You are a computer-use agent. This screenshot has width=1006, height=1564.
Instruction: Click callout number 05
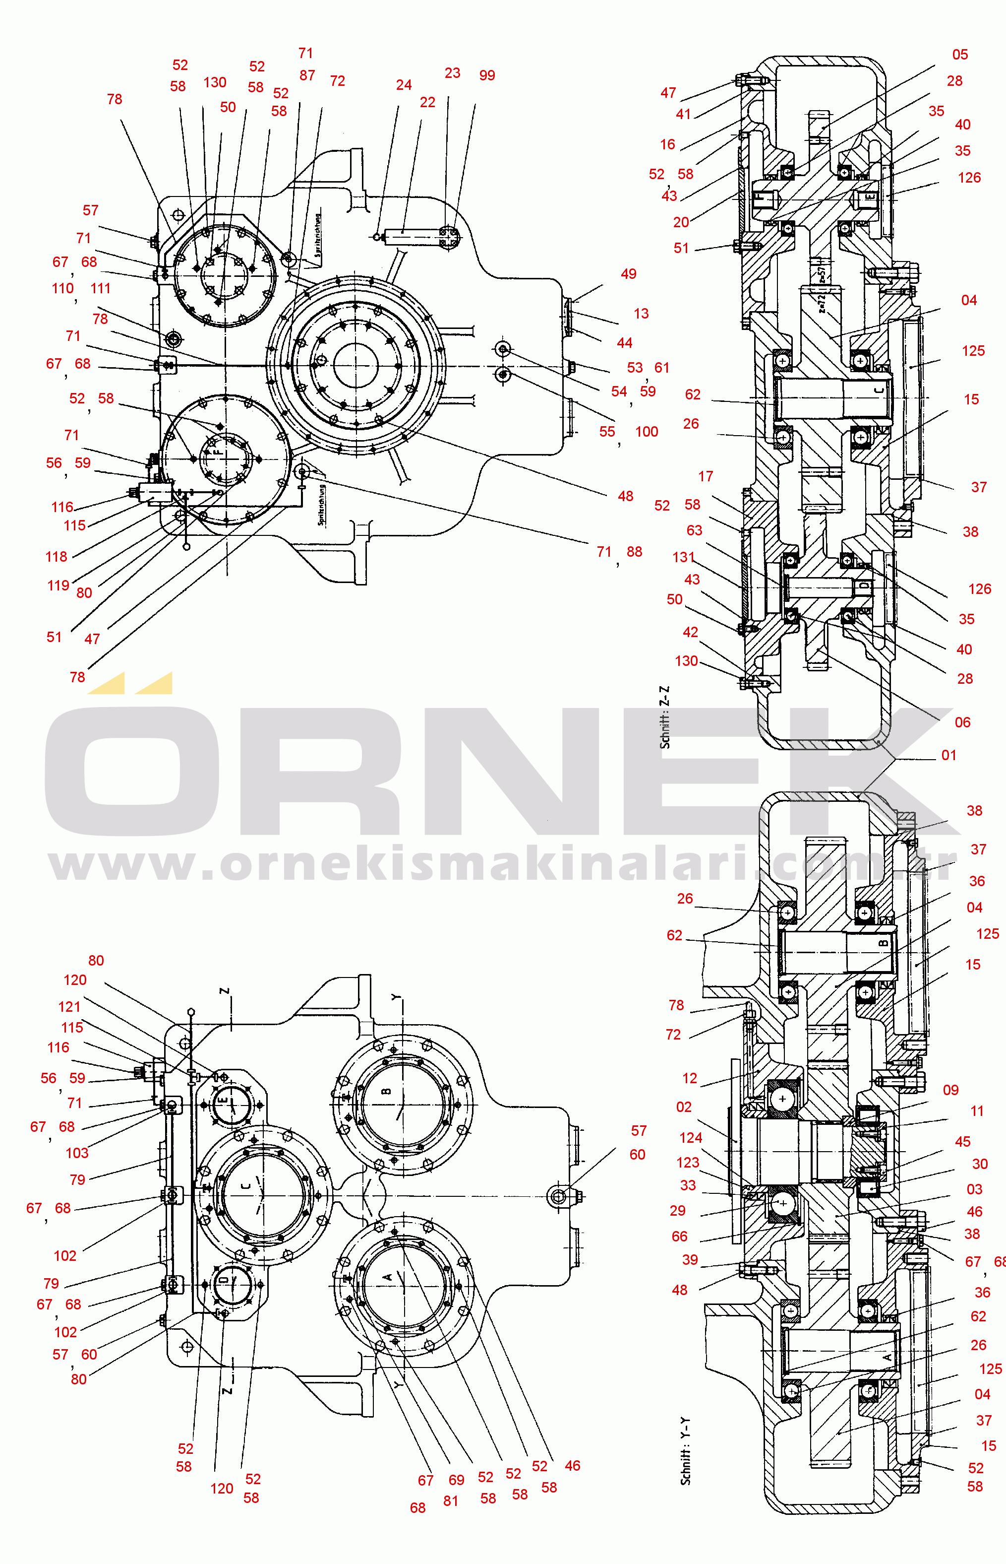click(959, 55)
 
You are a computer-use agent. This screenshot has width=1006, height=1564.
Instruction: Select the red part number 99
click(487, 76)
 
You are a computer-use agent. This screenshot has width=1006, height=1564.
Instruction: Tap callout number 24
click(404, 85)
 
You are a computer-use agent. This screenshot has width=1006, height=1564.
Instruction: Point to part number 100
click(646, 432)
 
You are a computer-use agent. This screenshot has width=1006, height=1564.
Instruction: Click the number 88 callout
click(634, 552)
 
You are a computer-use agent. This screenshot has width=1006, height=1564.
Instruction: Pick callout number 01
click(948, 756)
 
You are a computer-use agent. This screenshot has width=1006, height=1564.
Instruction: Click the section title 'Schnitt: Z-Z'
click(664, 717)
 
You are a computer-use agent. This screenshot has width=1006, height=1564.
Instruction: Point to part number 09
click(950, 1090)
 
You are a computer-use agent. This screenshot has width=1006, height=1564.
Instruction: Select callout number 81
click(451, 1501)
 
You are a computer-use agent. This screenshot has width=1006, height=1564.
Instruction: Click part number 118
click(56, 557)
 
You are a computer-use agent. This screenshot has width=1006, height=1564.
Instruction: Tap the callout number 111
click(101, 289)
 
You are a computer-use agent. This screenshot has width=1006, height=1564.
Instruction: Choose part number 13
click(641, 314)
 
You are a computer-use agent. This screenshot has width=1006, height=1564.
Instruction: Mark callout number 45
click(962, 1142)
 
